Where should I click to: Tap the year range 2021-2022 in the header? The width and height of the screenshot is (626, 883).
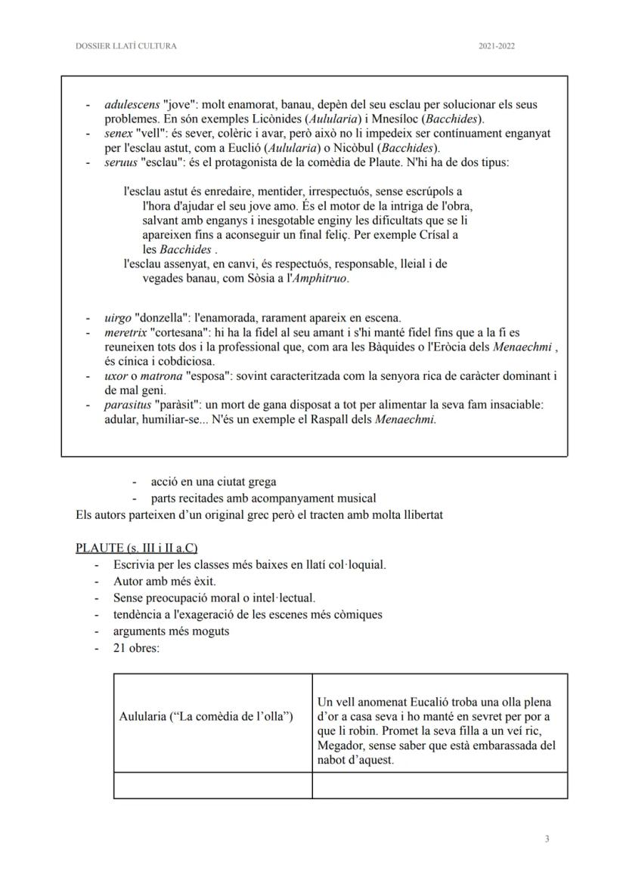click(x=496, y=46)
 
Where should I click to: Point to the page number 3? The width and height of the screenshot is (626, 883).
click(x=546, y=838)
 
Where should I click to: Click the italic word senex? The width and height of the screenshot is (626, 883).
click(x=119, y=133)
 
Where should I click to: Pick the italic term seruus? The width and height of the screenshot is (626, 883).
click(x=121, y=162)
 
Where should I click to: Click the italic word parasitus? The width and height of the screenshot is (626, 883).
click(x=128, y=405)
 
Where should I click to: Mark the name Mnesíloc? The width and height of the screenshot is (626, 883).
click(x=349, y=119)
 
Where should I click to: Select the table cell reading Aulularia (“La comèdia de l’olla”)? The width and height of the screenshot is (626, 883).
click(x=206, y=716)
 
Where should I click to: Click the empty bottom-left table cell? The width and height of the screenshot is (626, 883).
click(x=212, y=785)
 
